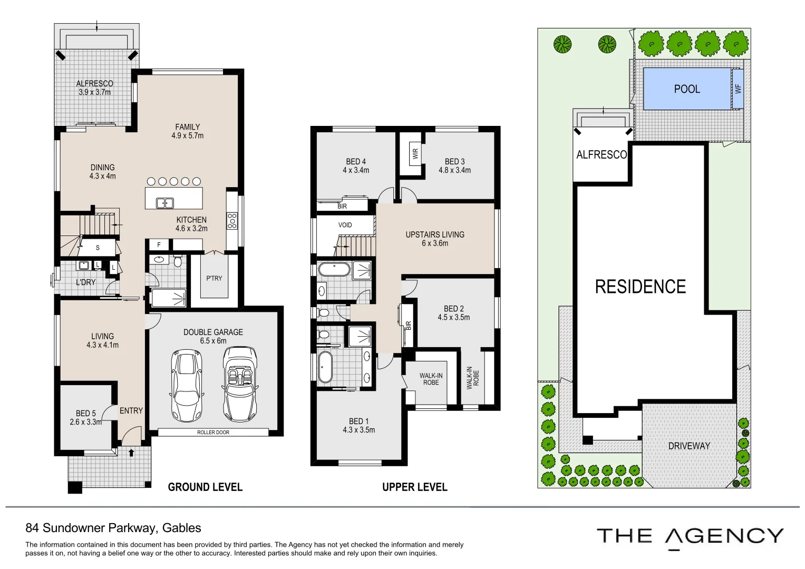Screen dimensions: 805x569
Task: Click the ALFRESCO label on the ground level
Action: [94, 83]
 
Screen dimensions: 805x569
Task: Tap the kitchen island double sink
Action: [165, 203]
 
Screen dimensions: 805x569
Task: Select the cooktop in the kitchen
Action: [232, 221]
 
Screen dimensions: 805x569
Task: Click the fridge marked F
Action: [159, 244]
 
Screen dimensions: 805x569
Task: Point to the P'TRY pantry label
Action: [214, 278]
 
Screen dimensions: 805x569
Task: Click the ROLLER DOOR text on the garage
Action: [213, 432]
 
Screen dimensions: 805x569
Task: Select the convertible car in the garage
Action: [240, 384]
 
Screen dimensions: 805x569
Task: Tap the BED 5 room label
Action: [85, 414]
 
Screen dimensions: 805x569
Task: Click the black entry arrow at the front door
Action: [131, 453]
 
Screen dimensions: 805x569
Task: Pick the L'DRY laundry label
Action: [86, 282]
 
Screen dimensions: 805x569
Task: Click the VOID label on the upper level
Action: [345, 225]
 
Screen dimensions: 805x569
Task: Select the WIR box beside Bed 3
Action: [415, 154]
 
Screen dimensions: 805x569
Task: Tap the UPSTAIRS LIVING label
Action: [435, 234]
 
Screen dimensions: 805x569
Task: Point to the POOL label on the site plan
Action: [687, 89]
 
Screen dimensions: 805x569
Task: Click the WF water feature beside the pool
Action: [738, 89]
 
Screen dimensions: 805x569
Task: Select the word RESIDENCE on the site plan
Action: [641, 287]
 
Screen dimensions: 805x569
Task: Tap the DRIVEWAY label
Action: [689, 446]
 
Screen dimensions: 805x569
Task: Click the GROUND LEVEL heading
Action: [205, 487]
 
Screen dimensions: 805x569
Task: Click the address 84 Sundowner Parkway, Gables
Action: [113, 528]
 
